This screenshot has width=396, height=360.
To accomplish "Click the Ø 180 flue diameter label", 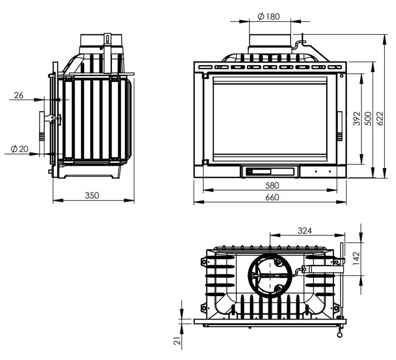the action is [x=269, y=17].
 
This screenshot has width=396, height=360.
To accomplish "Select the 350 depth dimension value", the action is [x=92, y=196].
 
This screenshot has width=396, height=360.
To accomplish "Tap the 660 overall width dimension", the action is [x=272, y=198].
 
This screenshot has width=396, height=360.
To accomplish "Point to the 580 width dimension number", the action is [x=272, y=186].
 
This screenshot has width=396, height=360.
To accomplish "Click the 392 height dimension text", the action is [x=357, y=119].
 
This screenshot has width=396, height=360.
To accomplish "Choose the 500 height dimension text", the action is [x=368, y=119].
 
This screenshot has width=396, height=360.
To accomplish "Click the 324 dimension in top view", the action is [x=305, y=231].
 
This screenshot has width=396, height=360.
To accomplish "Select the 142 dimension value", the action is [x=356, y=259].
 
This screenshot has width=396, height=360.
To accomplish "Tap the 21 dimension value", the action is [x=177, y=341].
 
